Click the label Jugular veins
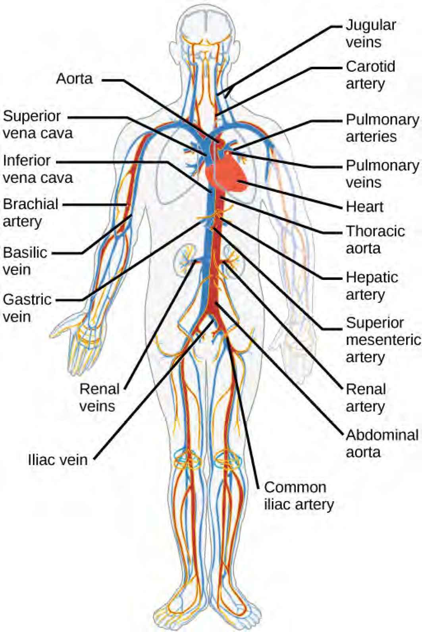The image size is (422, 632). coord(370,33)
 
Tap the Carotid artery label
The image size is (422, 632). coord(370,75)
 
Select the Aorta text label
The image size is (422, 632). coord(75,79)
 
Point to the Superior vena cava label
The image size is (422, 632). coord(38,124)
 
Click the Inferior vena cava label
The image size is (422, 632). coord(38,169)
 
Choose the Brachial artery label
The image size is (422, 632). coord(31,213)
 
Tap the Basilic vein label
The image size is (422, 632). coord(25,261)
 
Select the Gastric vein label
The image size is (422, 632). coord(27,308)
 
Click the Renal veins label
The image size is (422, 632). coord(99,397)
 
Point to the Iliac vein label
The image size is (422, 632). coord(58,460)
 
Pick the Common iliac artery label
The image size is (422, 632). coord(299,496)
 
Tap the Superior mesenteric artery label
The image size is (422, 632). coord(383,340)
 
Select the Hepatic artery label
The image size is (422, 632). coord(372,286)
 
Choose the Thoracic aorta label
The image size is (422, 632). coord(375,239)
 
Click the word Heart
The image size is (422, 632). coord(364,207)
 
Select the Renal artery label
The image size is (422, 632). coord(366,398)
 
